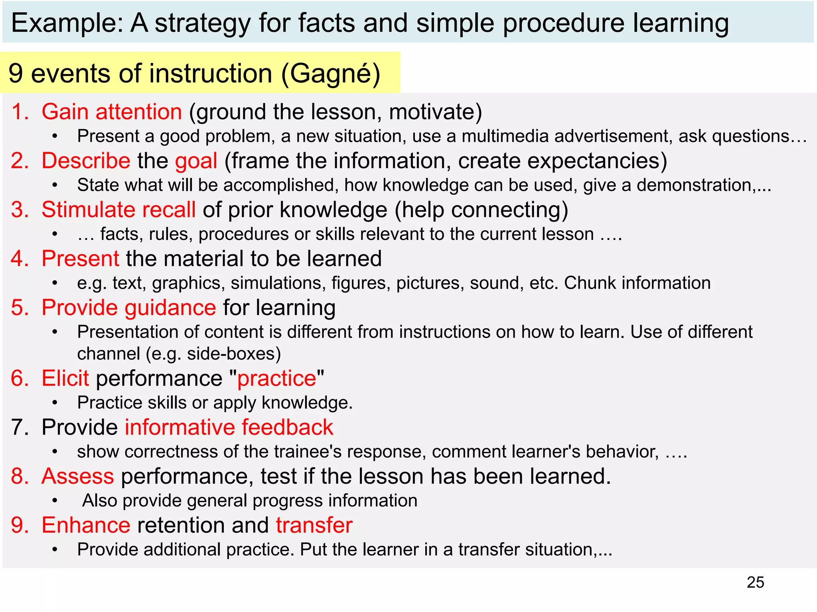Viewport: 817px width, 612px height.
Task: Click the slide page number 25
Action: click(x=755, y=582)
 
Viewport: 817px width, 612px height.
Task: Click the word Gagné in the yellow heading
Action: click(x=330, y=73)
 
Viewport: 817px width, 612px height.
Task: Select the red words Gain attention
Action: click(x=112, y=112)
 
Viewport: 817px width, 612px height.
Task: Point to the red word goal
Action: click(x=196, y=161)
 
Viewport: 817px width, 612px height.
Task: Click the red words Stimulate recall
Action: click(x=118, y=210)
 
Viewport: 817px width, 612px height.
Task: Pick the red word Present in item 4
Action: click(x=80, y=259)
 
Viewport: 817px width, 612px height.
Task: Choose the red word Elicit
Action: click(x=65, y=378)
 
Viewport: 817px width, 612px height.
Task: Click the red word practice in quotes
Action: click(x=277, y=378)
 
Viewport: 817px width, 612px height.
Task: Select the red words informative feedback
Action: click(x=229, y=427)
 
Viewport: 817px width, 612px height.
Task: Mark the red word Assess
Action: click(x=78, y=476)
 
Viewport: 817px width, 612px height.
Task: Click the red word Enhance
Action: click(x=86, y=525)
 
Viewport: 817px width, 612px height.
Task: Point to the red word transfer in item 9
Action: click(x=314, y=525)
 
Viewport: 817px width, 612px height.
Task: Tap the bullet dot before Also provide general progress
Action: click(x=55, y=501)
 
